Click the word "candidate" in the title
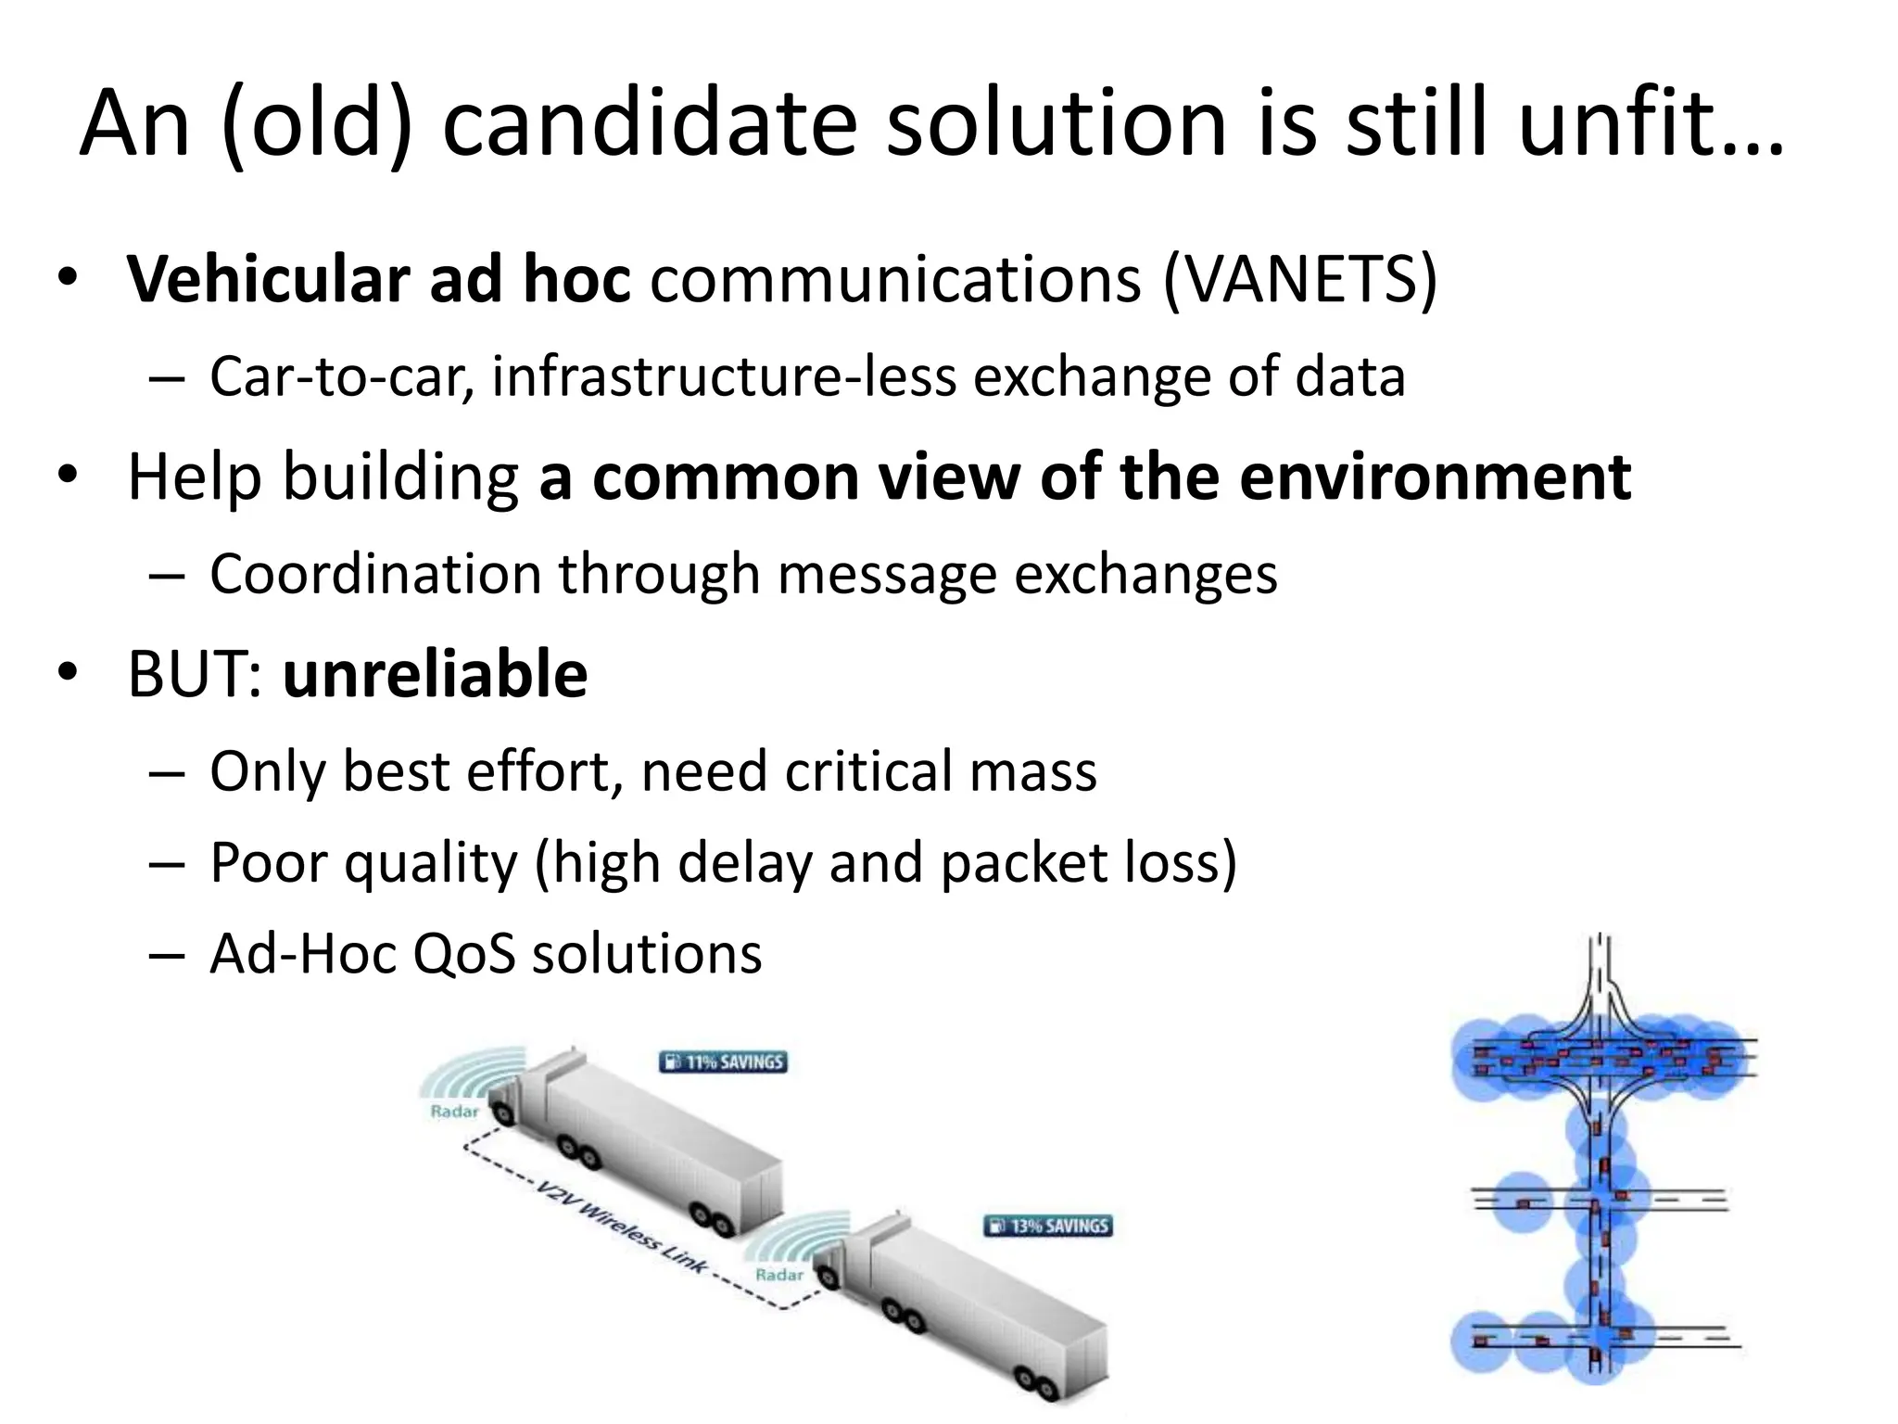[x=649, y=122]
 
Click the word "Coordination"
[x=375, y=574]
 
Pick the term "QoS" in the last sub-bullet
[x=463, y=954]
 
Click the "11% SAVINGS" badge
[x=723, y=1062]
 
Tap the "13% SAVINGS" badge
[x=1047, y=1226]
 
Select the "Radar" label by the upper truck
[x=454, y=1112]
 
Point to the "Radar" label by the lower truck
[x=779, y=1275]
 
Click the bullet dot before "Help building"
[x=67, y=476]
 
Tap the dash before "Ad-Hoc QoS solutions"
[x=166, y=955]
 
